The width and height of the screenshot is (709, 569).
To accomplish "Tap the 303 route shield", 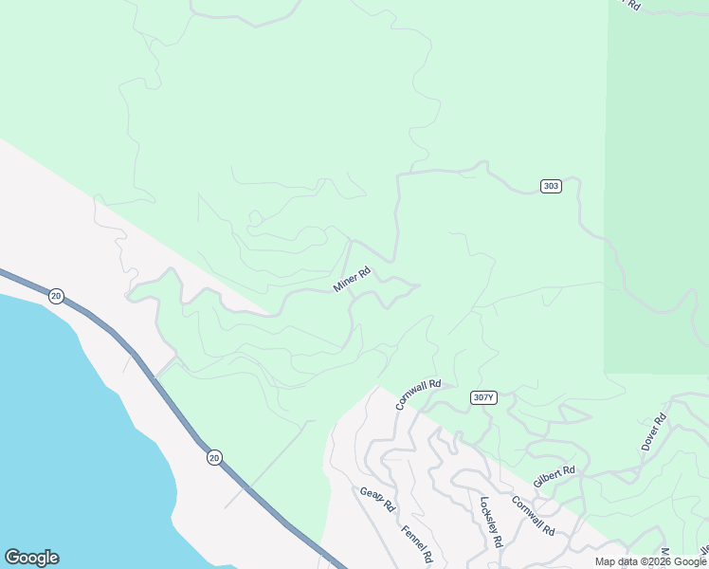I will click(551, 186).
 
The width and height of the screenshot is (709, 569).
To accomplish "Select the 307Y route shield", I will click(482, 397).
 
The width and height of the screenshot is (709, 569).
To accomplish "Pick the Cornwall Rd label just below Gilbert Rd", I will click(533, 515).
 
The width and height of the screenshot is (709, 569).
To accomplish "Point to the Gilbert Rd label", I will click(554, 476).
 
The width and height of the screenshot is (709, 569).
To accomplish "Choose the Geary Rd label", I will click(376, 499).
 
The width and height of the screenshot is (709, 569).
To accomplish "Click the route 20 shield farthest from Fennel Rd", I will click(56, 296).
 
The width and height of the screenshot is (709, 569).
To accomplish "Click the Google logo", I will click(31, 558).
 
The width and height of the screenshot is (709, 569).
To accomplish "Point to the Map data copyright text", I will click(650, 561).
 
